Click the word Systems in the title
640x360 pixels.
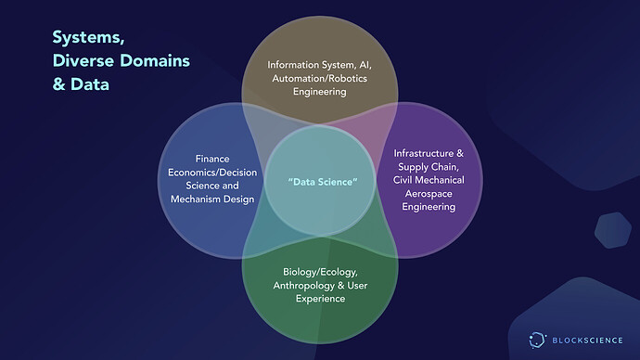coord(88,37)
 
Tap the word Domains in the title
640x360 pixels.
coord(155,61)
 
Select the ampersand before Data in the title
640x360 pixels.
coord(58,84)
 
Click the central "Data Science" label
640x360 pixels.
coord(323,182)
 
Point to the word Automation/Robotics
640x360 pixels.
coord(320,78)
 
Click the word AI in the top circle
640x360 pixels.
coord(365,65)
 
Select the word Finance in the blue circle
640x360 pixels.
coord(212,159)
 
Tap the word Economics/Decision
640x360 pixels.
coord(212,173)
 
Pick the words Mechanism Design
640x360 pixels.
coord(212,199)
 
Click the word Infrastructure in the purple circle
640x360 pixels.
coord(423,153)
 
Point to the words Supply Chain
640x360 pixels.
coord(429,167)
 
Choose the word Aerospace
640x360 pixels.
coord(429,194)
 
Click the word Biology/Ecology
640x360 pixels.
coord(320,272)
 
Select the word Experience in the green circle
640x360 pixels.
coord(320,299)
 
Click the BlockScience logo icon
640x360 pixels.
coord(537,340)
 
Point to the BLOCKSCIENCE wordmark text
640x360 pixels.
coord(587,341)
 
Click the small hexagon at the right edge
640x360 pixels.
coord(613,230)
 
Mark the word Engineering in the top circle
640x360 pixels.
coord(320,92)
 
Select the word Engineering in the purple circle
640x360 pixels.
coord(429,207)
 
